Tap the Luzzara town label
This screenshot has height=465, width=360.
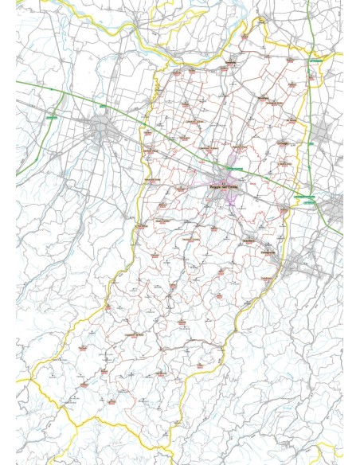point(243,36)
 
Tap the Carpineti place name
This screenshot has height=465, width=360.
point(182,322)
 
